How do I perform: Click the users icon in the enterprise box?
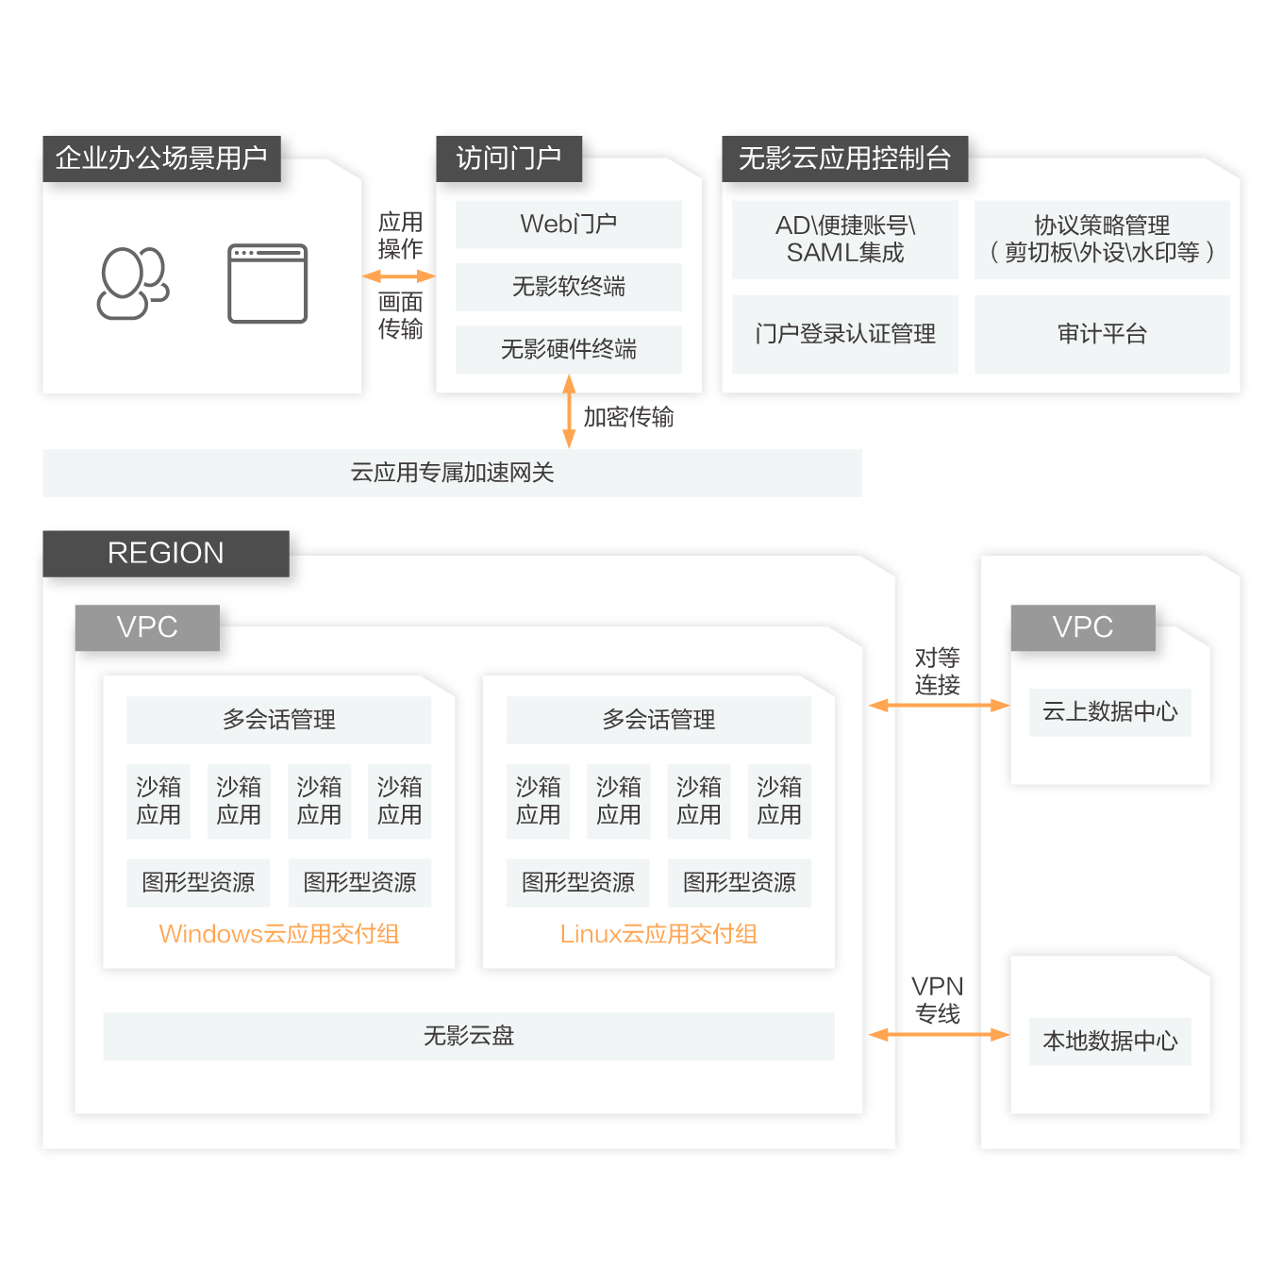click(x=133, y=283)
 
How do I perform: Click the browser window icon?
click(x=268, y=283)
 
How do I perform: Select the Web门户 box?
click(x=568, y=225)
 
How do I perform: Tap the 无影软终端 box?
click(x=568, y=287)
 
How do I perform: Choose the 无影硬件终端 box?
click(x=568, y=349)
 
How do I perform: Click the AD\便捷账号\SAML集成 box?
click(x=844, y=240)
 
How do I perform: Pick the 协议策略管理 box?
click(x=1101, y=240)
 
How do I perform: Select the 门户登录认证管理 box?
click(x=844, y=334)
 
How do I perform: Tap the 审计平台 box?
click(x=1101, y=334)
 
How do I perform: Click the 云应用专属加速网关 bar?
click(x=452, y=473)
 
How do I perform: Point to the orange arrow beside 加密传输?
click(x=569, y=411)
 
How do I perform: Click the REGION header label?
click(x=166, y=553)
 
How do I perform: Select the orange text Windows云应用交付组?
click(x=279, y=934)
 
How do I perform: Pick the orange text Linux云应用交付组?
click(x=658, y=934)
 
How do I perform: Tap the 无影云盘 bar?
click(x=468, y=1036)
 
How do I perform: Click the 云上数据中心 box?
click(x=1109, y=712)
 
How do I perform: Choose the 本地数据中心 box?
click(x=1109, y=1042)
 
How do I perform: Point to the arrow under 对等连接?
click(x=939, y=706)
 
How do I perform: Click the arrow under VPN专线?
click(x=939, y=1035)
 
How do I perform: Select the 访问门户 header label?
click(x=508, y=158)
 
